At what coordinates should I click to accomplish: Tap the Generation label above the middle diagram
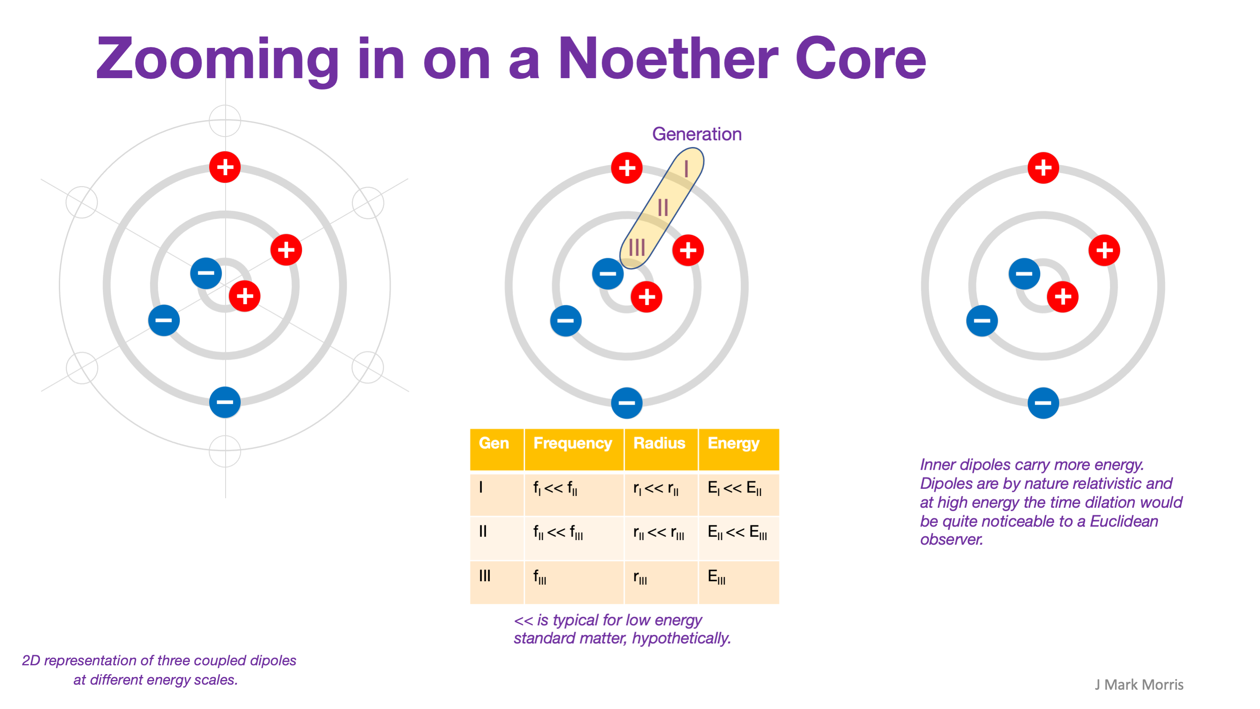tap(697, 134)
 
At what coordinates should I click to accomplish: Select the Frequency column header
tap(572, 443)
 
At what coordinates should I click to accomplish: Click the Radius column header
tap(659, 443)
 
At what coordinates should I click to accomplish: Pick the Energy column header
tap(733, 443)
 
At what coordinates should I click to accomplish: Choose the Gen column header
tap(494, 443)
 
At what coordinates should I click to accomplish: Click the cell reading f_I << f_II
tap(555, 488)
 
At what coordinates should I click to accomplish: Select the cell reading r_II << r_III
tap(658, 532)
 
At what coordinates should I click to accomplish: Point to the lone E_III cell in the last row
tap(716, 577)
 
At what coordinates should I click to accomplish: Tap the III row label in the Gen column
tap(484, 576)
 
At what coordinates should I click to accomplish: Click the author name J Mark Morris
tap(1139, 685)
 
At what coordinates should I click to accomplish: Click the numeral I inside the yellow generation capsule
tap(686, 169)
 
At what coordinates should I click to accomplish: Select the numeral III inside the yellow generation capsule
tap(637, 247)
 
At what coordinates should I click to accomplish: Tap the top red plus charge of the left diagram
tap(225, 167)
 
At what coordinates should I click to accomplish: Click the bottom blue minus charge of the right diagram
tap(1043, 403)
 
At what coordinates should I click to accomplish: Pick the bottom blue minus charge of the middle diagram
tap(626, 403)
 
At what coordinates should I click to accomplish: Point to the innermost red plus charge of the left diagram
tap(245, 296)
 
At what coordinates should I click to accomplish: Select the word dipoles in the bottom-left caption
tap(273, 661)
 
